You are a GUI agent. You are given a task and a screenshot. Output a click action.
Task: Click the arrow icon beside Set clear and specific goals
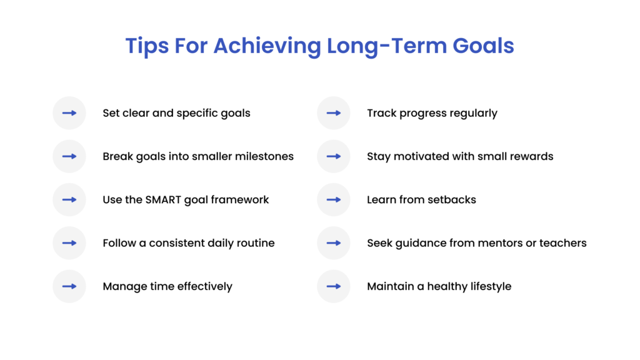[69, 113]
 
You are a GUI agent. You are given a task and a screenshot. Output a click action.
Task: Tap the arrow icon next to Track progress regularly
[334, 113]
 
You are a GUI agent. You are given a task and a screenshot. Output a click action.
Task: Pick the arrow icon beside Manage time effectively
[69, 286]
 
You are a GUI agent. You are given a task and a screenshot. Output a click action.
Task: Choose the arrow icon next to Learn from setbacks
[334, 200]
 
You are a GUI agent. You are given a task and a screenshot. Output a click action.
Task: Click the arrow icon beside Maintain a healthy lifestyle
[334, 286]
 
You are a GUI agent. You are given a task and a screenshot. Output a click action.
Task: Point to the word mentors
[498, 243]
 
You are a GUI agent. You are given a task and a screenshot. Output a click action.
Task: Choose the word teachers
[562, 243]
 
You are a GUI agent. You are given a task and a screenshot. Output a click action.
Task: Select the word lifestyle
[488, 286]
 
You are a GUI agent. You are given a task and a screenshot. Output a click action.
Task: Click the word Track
[381, 113]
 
